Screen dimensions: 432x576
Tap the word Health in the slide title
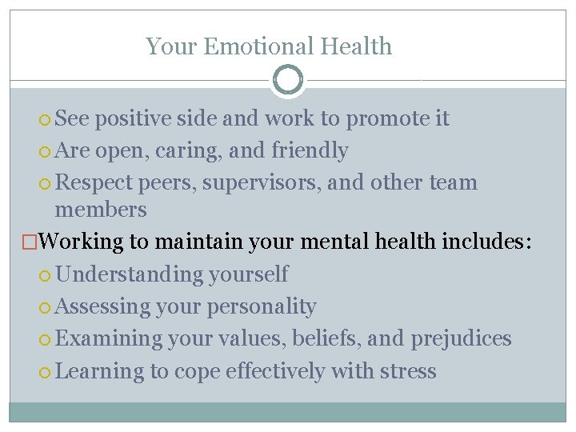pyautogui.click(x=356, y=46)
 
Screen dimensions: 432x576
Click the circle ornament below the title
pyautogui.click(x=288, y=79)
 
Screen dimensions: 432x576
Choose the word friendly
pyautogui.click(x=310, y=150)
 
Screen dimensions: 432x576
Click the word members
pyautogui.click(x=101, y=210)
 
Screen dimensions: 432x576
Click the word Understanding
pyautogui.click(x=130, y=274)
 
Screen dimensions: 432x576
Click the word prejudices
pyautogui.click(x=461, y=338)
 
